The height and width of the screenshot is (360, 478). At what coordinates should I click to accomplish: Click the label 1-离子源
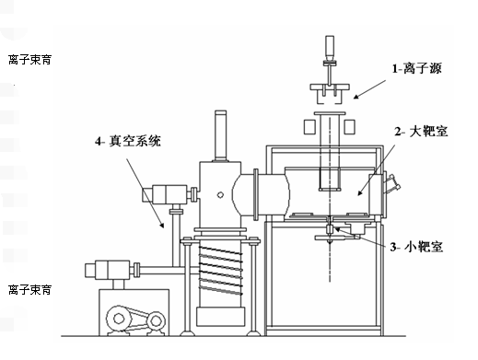[x=416, y=68]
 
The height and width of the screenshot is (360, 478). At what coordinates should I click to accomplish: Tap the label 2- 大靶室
[x=421, y=132]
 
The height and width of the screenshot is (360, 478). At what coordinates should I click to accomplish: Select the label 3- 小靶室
[x=416, y=247]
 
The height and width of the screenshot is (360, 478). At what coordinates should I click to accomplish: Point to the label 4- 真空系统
[x=128, y=141]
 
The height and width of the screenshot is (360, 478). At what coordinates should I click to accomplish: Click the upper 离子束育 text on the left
[x=29, y=60]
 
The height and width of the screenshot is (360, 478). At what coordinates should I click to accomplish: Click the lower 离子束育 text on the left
[x=29, y=289]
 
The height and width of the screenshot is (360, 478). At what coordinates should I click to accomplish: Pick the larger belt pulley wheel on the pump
[x=119, y=319]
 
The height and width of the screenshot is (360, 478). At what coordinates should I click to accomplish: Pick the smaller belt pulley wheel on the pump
[x=156, y=321]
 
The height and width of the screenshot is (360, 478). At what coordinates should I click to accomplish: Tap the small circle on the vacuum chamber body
[x=220, y=195]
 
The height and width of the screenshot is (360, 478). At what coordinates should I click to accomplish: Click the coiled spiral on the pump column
[x=221, y=270]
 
